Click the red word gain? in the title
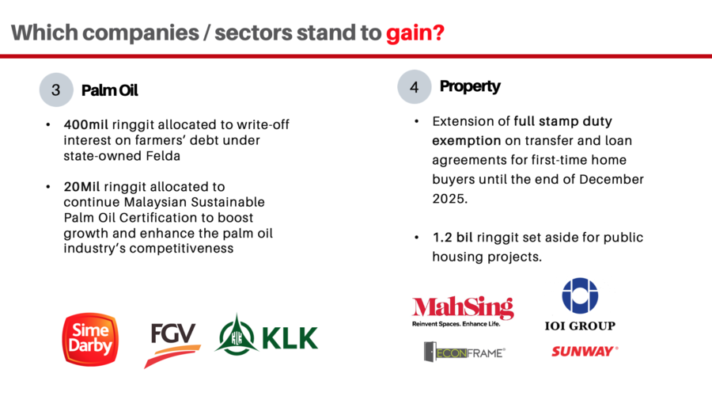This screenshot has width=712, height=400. (x=415, y=33)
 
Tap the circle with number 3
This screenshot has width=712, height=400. (x=56, y=90)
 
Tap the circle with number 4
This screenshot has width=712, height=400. (x=414, y=87)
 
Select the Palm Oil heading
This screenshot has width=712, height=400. (x=109, y=90)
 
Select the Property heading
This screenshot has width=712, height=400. (x=470, y=86)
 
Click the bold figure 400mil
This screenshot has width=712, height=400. (x=85, y=124)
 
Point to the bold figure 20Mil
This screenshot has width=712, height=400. (x=81, y=187)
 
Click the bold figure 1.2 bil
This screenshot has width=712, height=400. (x=453, y=238)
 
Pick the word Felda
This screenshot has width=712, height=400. (x=163, y=156)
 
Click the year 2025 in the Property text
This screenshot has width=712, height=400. (x=449, y=199)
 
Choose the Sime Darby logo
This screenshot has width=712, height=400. (x=90, y=339)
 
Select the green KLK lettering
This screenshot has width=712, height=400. (x=290, y=338)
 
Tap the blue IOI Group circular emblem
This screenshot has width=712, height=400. (x=580, y=295)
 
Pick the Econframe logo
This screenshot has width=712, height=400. (x=464, y=352)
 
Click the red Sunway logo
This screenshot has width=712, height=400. (x=585, y=352)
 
